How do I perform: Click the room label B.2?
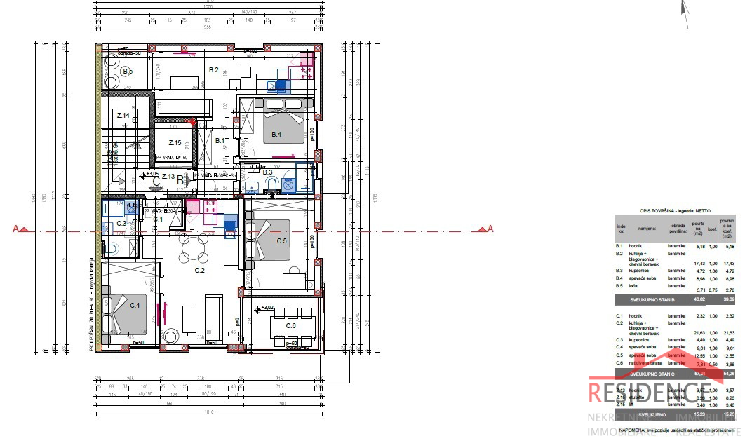[x=214, y=69]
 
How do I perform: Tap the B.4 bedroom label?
[x=276, y=135]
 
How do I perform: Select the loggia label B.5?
[x=127, y=71]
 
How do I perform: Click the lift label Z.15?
[x=175, y=143]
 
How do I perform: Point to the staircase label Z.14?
[x=123, y=115]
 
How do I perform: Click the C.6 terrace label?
[x=291, y=325]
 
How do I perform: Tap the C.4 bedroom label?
[x=134, y=305]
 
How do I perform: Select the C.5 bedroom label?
[x=281, y=240]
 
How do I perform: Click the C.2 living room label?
[x=199, y=270]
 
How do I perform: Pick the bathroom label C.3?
[x=121, y=223]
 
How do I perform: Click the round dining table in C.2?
[x=190, y=246]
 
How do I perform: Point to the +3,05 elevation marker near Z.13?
[x=149, y=173]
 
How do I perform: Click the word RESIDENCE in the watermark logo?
[x=652, y=393]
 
